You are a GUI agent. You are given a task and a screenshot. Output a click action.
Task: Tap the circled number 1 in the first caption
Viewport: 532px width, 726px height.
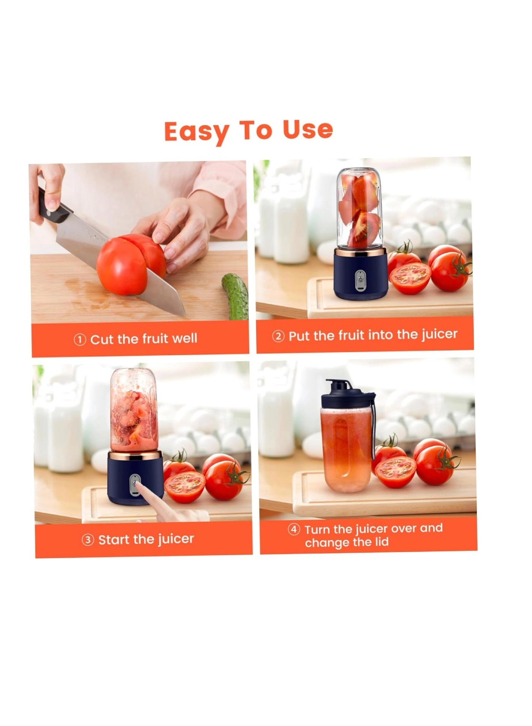tap(79, 340)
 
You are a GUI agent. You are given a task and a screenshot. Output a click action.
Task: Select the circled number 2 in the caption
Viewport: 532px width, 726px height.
tap(278, 337)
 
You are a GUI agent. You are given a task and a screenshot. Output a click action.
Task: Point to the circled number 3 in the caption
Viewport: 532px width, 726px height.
tap(88, 540)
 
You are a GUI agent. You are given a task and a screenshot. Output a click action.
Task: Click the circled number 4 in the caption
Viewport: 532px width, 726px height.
tap(294, 530)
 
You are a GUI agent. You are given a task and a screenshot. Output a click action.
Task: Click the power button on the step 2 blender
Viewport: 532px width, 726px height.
tap(360, 281)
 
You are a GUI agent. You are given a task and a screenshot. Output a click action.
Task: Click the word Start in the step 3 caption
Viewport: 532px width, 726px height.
tap(114, 540)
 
